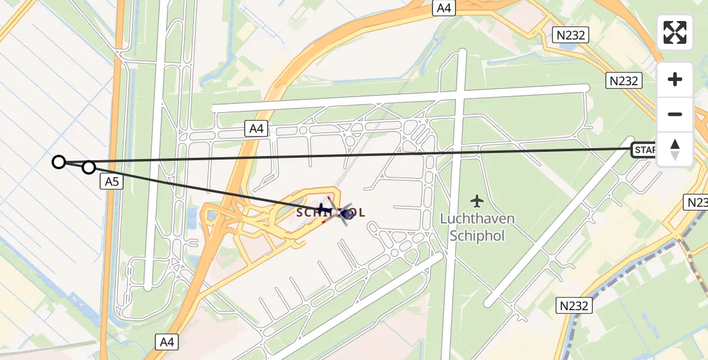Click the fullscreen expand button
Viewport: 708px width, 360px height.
pos(675,32)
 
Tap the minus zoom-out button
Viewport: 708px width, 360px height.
pos(675,114)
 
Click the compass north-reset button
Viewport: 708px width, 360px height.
pos(675,149)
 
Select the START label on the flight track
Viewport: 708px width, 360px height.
pos(644,149)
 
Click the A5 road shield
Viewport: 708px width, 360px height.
pos(112,182)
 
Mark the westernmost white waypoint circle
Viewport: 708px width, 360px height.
pos(58,161)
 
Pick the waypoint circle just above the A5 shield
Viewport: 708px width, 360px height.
pos(89,167)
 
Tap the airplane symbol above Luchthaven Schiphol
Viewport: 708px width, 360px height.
pos(477,200)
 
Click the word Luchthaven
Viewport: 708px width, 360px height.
pos(477,219)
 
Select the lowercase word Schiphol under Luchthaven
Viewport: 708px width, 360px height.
pos(477,235)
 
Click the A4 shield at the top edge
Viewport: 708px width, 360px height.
pos(445,8)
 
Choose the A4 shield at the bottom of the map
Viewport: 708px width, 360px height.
pos(167,342)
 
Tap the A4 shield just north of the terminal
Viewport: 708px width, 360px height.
pos(256,128)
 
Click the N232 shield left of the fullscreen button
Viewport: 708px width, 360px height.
pos(571,35)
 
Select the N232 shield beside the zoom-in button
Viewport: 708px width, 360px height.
pos(624,80)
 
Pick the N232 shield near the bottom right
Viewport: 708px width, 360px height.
pos(574,305)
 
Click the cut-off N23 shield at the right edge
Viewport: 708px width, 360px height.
pos(697,202)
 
